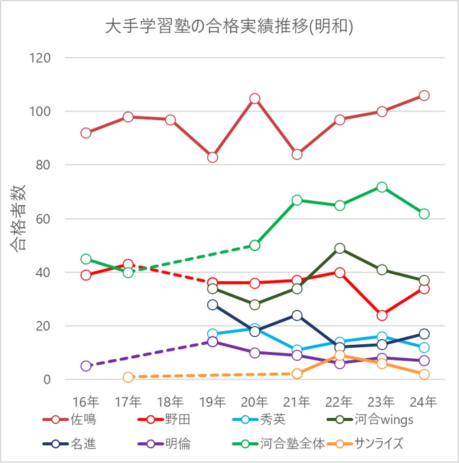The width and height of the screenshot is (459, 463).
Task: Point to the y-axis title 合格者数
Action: [19, 218]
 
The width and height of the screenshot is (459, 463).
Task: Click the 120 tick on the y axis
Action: [40, 58]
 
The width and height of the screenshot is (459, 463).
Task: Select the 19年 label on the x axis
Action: [213, 401]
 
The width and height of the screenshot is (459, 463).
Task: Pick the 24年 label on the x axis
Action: [424, 401]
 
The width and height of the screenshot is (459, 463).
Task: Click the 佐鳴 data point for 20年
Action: [255, 98]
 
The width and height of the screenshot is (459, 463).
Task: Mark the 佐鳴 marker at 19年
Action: [213, 157]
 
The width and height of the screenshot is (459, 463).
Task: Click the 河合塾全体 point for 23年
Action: [382, 187]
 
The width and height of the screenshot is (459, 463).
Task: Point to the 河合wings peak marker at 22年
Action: [339, 249]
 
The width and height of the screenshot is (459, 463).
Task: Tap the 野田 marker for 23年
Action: [382, 315]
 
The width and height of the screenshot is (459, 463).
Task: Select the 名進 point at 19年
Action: [213, 305]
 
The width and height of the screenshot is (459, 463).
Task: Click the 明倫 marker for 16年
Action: [86, 366]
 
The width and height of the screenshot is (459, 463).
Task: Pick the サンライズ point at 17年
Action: [128, 377]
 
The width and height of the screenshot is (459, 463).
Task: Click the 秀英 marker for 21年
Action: [297, 350]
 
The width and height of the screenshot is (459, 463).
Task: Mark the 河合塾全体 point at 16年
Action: [86, 259]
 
